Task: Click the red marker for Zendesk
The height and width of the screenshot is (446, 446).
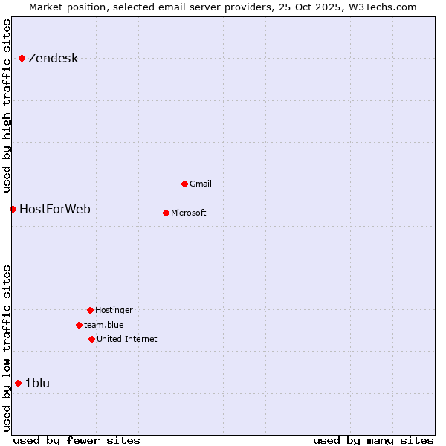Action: [22, 58]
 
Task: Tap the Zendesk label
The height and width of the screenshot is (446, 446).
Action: [53, 59]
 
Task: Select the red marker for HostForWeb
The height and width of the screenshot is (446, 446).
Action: [13, 209]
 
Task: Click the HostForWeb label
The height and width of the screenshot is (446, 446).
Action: [55, 209]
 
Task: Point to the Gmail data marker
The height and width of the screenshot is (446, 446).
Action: [184, 184]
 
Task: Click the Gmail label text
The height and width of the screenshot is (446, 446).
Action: [201, 184]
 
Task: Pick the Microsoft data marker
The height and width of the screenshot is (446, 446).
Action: [166, 213]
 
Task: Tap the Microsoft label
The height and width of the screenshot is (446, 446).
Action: [189, 213]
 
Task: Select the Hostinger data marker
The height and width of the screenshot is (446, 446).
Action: [90, 310]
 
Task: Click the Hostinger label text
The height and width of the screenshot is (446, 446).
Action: [114, 310]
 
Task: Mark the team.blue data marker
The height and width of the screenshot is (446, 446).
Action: [79, 325]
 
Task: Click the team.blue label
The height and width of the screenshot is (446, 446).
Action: [104, 325]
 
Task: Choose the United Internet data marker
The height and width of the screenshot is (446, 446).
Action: [91, 339]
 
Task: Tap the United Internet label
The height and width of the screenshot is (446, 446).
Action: [126, 339]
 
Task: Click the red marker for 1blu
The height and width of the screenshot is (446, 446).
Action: [18, 383]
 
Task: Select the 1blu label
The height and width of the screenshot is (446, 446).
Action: [37, 383]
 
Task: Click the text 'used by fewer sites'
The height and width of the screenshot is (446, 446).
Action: [77, 440]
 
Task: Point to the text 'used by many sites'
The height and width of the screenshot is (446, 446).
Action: [373, 440]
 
